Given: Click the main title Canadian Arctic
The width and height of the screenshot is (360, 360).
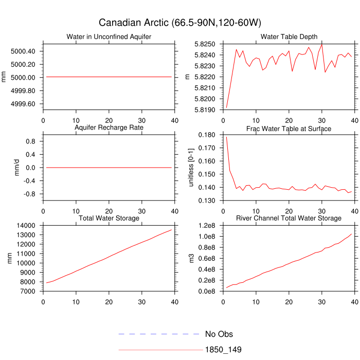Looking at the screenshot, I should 180,23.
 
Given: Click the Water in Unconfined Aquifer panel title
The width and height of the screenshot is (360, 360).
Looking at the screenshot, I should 109,37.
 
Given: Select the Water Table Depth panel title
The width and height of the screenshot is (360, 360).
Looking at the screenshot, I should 289,37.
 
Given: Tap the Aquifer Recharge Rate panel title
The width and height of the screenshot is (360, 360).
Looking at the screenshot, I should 109,128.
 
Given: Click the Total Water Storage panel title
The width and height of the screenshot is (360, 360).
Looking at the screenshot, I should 109,219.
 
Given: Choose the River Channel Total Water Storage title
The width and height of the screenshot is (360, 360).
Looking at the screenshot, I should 289,219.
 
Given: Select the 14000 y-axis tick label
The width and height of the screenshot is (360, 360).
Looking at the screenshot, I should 26,226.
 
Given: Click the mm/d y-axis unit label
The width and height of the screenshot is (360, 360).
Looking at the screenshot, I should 17,168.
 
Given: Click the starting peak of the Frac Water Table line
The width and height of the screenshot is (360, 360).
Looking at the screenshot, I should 227,137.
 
